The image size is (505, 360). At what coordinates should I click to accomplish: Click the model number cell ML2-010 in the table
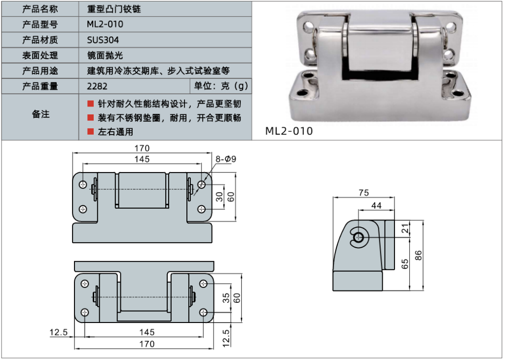(x=105, y=24)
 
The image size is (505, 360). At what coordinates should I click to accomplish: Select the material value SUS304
(x=103, y=40)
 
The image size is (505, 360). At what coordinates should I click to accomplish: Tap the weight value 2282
(x=97, y=86)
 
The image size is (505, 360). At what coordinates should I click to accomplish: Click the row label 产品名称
(x=40, y=9)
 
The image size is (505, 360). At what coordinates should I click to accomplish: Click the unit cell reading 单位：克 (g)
(x=220, y=86)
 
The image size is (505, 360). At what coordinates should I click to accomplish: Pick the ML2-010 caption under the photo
(x=289, y=131)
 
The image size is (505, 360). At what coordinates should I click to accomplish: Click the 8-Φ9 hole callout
(x=226, y=159)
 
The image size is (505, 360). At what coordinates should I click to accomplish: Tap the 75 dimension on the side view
(x=363, y=193)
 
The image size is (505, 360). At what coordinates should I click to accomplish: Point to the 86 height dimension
(x=419, y=255)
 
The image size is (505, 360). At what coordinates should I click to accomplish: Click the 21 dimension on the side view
(x=405, y=228)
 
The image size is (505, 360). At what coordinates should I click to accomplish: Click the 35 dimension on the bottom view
(x=226, y=298)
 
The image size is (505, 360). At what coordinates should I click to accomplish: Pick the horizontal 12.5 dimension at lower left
(x=58, y=332)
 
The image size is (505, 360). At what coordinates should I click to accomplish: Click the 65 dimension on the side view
(x=405, y=263)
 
